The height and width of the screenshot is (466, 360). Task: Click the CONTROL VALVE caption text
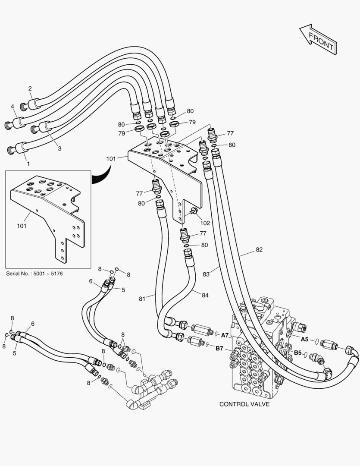(x=244, y=404)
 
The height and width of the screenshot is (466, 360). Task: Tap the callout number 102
(x=205, y=223)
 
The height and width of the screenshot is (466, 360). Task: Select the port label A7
(x=225, y=335)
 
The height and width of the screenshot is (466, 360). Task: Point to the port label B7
(x=219, y=348)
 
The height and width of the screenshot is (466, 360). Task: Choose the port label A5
(x=304, y=339)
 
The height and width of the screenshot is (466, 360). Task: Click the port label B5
(x=297, y=353)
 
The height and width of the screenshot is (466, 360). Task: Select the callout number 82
(x=259, y=249)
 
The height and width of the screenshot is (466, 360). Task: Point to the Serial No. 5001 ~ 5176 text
(x=34, y=274)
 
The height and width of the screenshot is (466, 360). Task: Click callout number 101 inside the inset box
(x=22, y=226)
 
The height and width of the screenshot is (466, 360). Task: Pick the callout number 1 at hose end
(x=28, y=164)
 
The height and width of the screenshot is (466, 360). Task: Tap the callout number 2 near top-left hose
(x=30, y=89)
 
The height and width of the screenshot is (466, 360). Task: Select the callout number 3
(x=59, y=148)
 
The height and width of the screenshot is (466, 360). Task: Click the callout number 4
(x=13, y=106)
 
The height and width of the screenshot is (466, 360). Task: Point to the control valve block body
(x=254, y=349)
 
